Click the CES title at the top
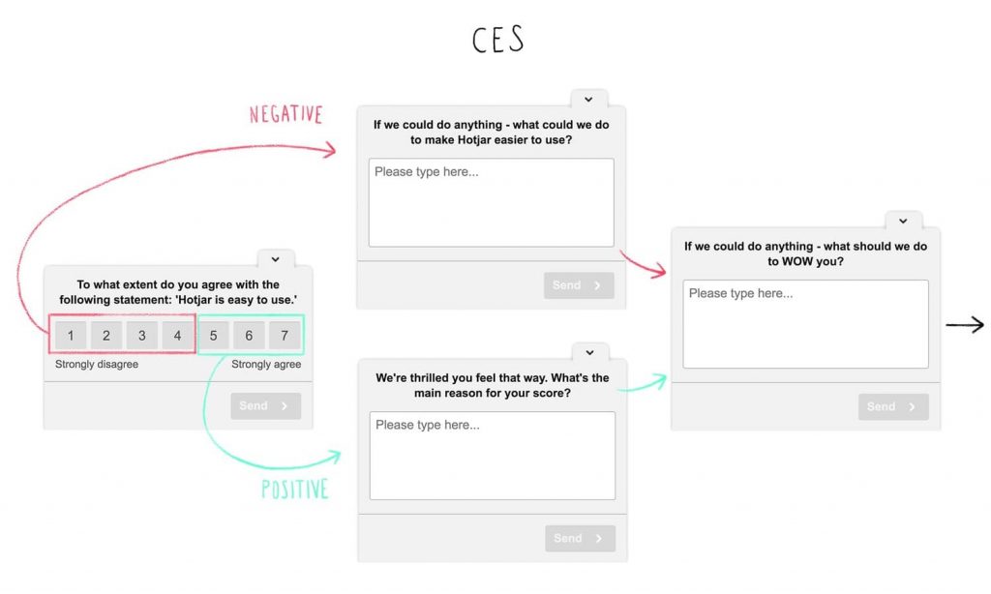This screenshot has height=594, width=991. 498,39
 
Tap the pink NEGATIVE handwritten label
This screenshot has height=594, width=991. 285,114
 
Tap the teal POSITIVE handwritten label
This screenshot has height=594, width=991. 295,490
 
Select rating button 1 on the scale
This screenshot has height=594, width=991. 71,336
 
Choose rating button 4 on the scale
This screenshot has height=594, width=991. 178,336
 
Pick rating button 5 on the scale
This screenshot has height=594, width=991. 214,336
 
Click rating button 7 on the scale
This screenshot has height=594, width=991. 285,336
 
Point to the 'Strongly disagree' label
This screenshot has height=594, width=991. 97,364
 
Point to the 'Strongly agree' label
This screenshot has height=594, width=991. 266,364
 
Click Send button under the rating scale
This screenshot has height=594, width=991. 265,405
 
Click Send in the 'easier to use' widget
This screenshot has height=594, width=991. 579,285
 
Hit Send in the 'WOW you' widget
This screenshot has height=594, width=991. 893,407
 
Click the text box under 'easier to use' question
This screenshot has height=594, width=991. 491,202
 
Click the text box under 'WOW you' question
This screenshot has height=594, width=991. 806,324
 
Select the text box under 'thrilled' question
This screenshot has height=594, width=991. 493,456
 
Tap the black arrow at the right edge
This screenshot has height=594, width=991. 965,325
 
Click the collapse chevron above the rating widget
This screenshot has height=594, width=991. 276,259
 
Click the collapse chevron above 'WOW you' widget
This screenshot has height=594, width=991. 903,221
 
